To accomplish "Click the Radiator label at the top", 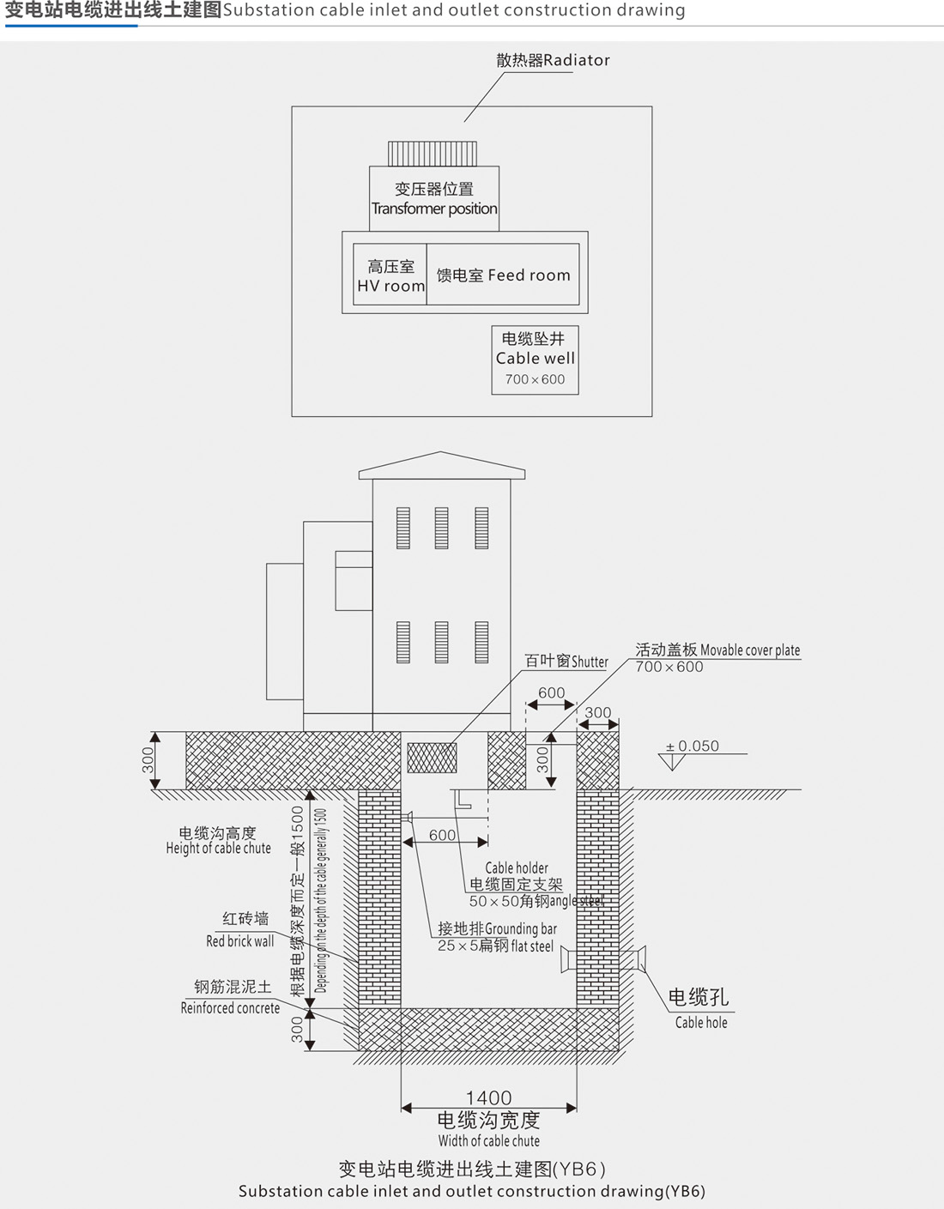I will (x=553, y=60).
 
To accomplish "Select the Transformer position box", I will (x=434, y=198).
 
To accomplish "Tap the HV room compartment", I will (x=390, y=275).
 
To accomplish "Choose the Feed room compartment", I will (x=503, y=275).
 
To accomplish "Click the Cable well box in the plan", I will (x=535, y=360).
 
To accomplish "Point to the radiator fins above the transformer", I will (x=433, y=154).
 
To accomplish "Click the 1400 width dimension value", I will (x=488, y=1097).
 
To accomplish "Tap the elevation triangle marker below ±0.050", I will (x=672, y=760).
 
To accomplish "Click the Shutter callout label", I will (x=566, y=662).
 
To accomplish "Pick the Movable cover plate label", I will (x=717, y=650).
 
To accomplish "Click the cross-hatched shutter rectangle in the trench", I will (x=432, y=757).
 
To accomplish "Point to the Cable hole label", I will (x=699, y=1006).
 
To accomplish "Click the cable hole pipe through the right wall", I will (x=633, y=958).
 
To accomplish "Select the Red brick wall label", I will (x=240, y=930).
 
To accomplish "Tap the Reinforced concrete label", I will (x=230, y=998).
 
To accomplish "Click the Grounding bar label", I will (x=497, y=929).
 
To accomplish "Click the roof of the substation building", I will (x=441, y=466).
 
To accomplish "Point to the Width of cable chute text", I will (x=488, y=1140).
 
